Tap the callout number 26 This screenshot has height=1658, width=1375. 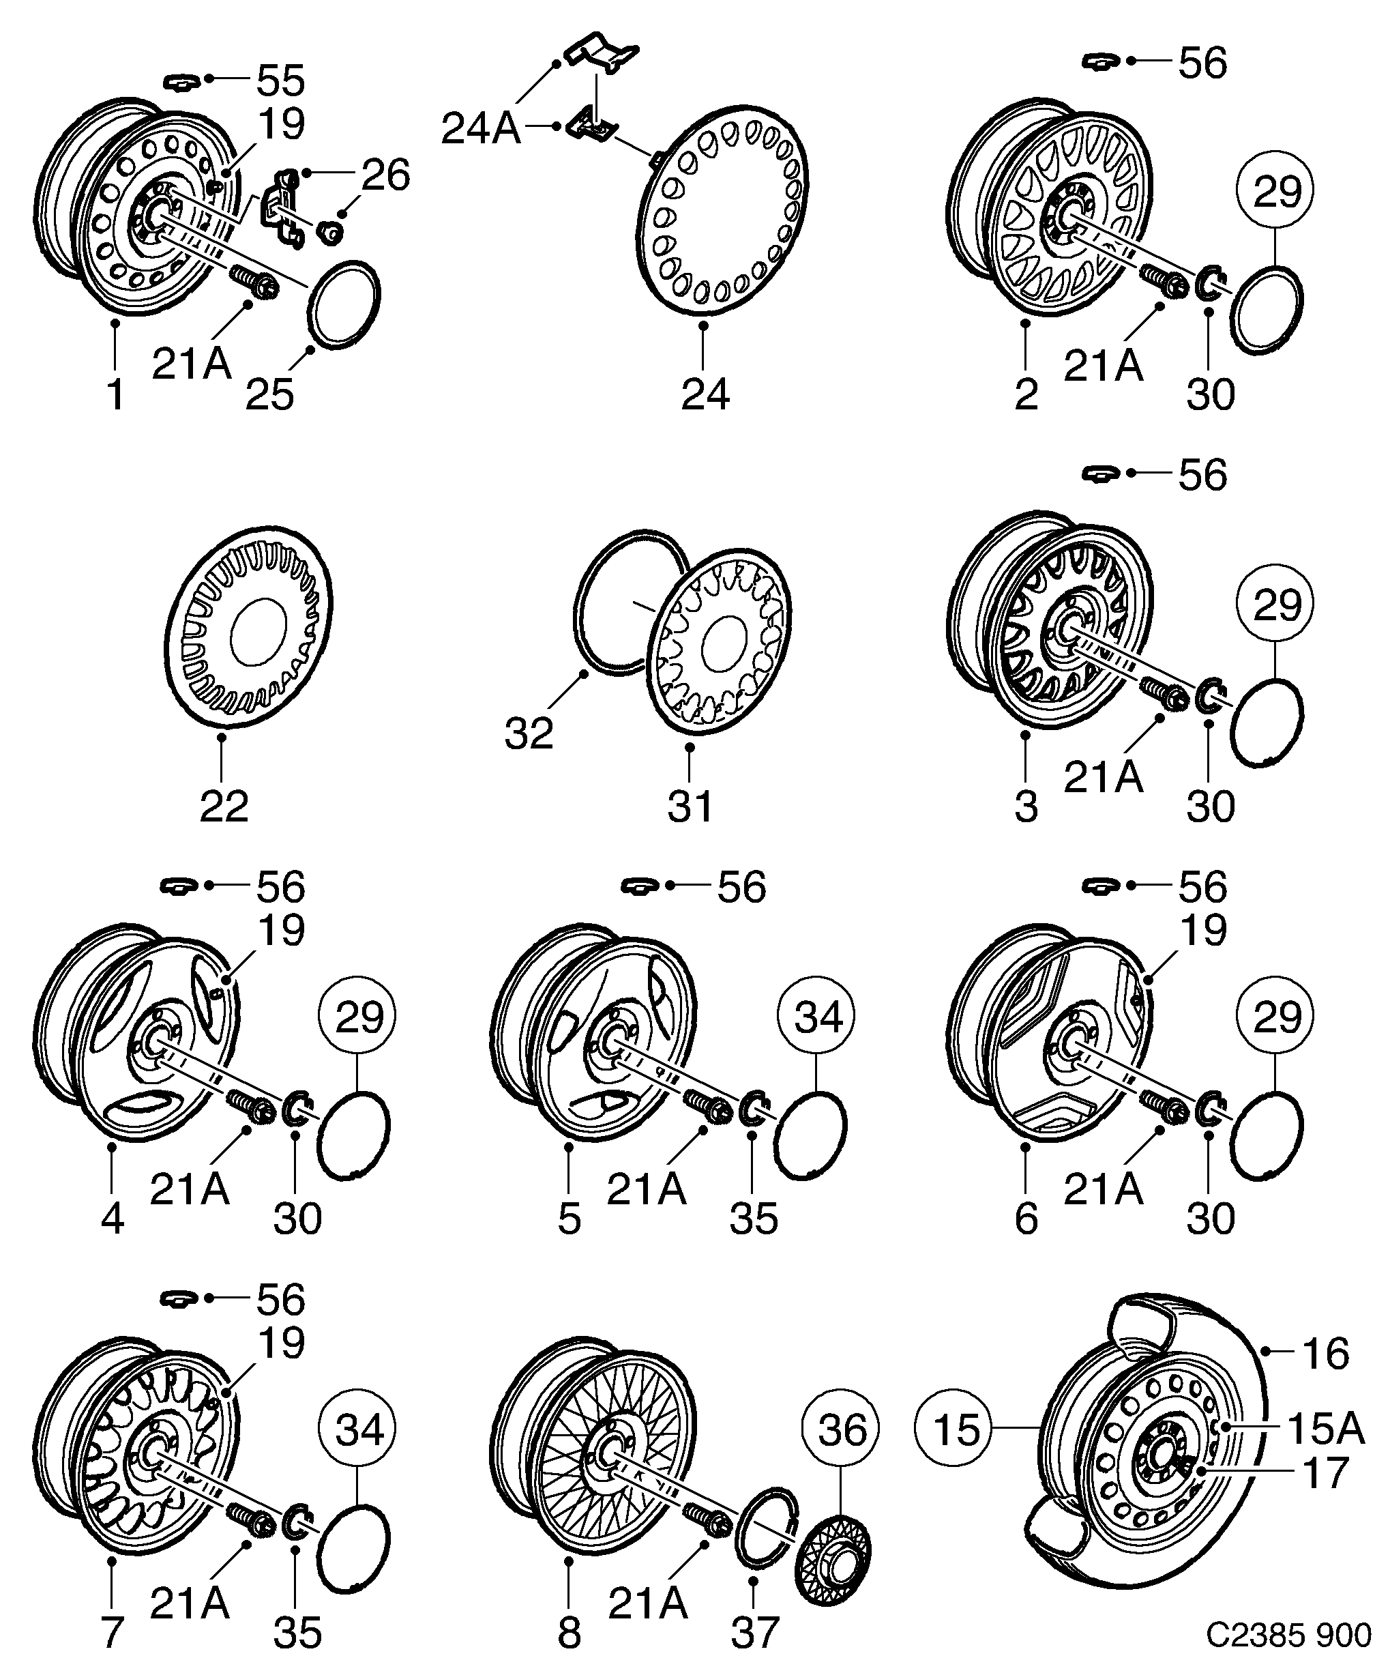click(x=386, y=175)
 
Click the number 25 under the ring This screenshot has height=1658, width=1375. click(x=269, y=393)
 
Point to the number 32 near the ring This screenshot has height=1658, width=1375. click(x=529, y=734)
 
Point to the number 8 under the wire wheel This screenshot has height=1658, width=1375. click(x=569, y=1631)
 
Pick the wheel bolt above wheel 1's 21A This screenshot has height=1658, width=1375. click(x=253, y=282)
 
